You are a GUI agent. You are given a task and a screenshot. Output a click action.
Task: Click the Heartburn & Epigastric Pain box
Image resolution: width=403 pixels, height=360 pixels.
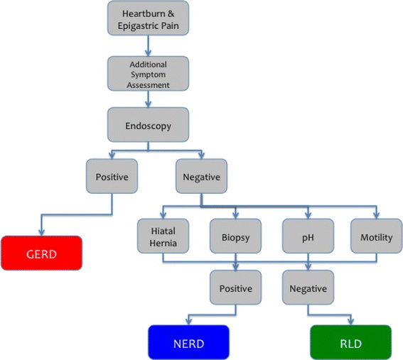149,19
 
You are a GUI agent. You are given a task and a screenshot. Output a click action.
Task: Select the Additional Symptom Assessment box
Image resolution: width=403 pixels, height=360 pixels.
149,74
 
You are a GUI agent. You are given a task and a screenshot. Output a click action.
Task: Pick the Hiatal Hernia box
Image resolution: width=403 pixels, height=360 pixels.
163,237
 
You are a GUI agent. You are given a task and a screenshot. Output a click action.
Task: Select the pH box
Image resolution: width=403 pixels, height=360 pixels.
308,237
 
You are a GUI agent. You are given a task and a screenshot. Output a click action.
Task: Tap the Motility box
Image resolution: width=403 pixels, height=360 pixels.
376,237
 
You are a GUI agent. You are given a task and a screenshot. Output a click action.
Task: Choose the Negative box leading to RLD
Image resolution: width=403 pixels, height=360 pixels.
308,289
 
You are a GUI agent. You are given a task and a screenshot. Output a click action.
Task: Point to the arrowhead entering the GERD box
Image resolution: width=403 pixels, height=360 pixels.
41,234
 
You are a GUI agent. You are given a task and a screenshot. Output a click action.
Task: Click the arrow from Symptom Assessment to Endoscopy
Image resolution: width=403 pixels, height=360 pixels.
149,99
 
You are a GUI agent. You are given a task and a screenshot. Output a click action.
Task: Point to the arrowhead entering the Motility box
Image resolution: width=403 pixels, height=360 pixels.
376,217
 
